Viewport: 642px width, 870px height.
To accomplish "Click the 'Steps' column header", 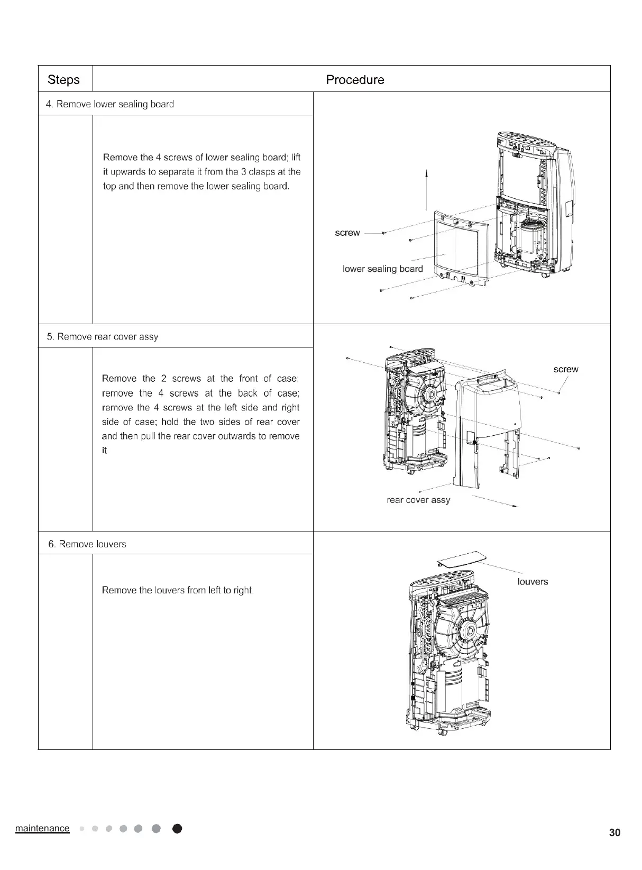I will (x=63, y=80).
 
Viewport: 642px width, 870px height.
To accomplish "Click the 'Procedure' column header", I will (x=355, y=80).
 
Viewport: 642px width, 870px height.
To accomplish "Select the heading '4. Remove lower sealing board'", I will (x=110, y=104).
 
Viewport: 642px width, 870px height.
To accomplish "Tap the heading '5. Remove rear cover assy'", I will (x=103, y=337).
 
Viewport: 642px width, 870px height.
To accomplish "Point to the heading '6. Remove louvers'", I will (x=87, y=544).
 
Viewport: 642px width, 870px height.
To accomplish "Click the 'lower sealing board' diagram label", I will (x=383, y=269).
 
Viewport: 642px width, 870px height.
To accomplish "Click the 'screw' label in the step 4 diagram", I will (x=347, y=233).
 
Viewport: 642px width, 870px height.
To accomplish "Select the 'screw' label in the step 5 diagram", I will (x=566, y=369).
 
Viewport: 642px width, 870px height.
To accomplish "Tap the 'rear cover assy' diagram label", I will (x=418, y=500).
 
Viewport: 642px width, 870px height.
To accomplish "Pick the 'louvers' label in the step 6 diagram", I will (x=533, y=582).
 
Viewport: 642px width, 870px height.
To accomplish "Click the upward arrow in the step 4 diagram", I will (x=426, y=190).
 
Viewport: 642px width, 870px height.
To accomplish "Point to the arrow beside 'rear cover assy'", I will (x=494, y=502).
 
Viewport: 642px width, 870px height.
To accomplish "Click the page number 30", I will (x=615, y=833).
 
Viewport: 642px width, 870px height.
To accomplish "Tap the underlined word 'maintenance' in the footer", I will (x=42, y=828).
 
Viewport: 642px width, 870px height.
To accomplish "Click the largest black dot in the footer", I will (x=178, y=829).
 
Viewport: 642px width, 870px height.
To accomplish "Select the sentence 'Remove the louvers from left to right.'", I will (x=178, y=590).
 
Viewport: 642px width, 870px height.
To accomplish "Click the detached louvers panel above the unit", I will (x=458, y=559).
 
